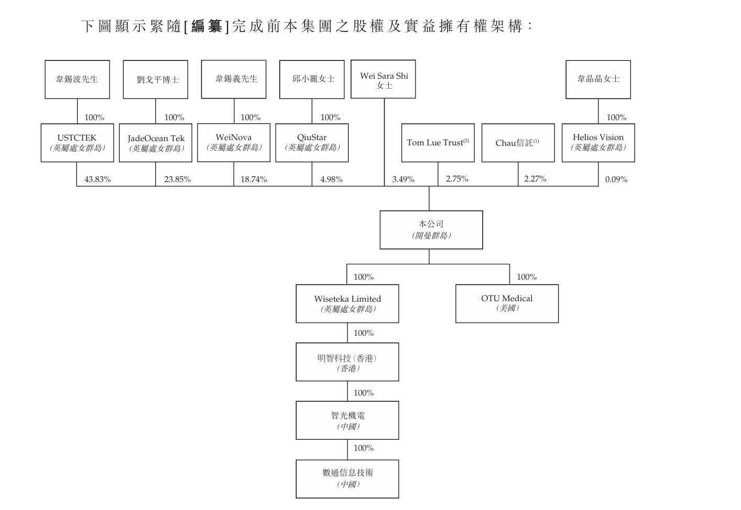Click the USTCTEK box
coord(77,143)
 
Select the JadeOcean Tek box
coord(156,143)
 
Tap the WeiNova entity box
coord(234,143)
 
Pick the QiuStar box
coord(312,143)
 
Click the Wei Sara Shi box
coord(383,79)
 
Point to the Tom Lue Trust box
coord(438,143)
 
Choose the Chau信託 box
coord(518,143)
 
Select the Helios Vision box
coord(598,143)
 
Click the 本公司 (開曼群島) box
coord(431,230)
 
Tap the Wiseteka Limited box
coord(347,303)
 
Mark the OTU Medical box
coord(507,303)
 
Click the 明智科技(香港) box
coord(347,362)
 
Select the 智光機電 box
coord(347,420)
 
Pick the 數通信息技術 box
coord(347,479)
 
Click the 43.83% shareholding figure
coord(97,179)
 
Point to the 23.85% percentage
coord(177,179)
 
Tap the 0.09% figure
coord(616,179)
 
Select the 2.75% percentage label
coord(457,179)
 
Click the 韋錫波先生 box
coord(77,79)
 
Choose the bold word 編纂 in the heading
coord(206,26)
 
